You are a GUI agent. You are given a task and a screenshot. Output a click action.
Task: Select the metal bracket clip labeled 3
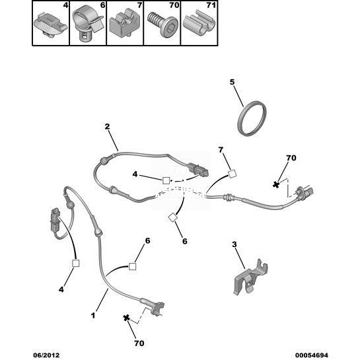(250, 277)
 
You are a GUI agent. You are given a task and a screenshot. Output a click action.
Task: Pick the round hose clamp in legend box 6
(87, 23)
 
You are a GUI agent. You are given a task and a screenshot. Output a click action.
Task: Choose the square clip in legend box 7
(124, 25)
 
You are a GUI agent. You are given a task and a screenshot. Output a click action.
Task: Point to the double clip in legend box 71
(199, 24)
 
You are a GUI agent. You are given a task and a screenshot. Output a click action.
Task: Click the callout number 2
(107, 127)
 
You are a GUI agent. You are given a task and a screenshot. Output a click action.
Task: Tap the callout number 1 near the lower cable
(93, 315)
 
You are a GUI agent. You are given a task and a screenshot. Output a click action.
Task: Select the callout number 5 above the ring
(232, 82)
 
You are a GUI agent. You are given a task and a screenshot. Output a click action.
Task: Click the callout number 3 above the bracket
(234, 244)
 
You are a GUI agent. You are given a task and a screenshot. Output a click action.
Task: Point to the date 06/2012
(46, 355)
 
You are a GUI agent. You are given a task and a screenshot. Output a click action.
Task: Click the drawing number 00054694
(311, 355)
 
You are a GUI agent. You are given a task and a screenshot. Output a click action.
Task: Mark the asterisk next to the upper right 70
(276, 184)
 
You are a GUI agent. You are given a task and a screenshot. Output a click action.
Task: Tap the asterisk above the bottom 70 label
(126, 318)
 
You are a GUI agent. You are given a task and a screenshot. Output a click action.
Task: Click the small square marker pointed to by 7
(233, 174)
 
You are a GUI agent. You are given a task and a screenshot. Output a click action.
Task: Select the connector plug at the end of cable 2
(198, 170)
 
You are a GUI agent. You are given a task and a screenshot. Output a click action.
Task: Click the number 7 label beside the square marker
(221, 150)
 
